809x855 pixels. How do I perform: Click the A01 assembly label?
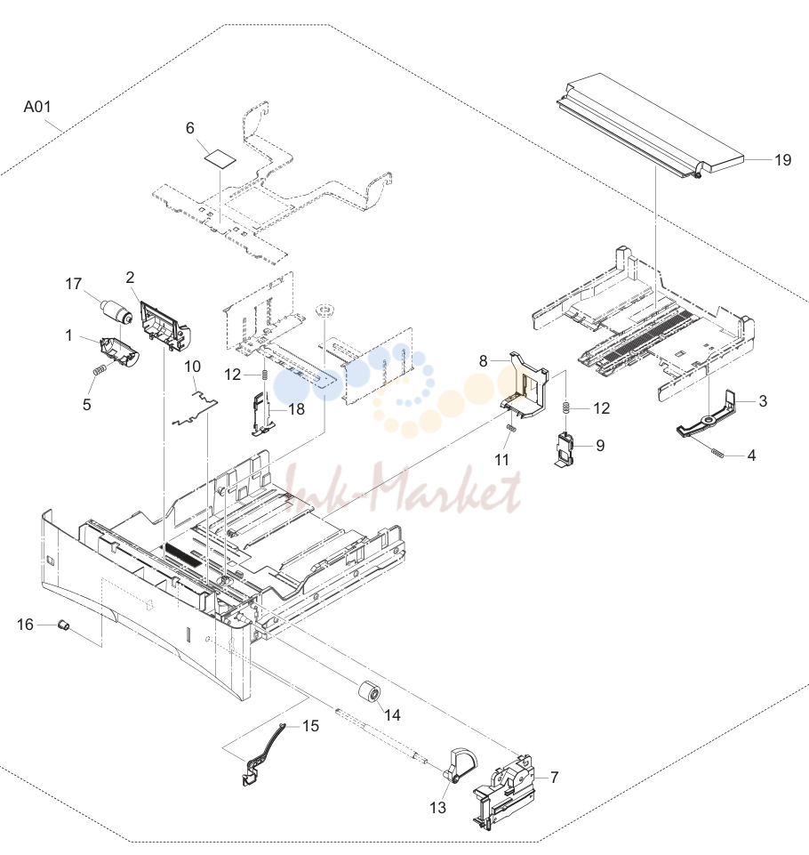point(37,107)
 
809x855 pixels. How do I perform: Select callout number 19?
point(782,160)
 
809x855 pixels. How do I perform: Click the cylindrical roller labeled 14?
point(369,693)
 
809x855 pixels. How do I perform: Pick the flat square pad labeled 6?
point(220,158)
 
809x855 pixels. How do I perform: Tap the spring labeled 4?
point(717,453)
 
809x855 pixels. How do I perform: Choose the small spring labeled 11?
point(510,428)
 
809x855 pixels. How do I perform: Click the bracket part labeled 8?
point(525,387)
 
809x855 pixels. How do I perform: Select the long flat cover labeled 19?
point(650,128)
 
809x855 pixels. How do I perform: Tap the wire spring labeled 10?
point(195,407)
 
